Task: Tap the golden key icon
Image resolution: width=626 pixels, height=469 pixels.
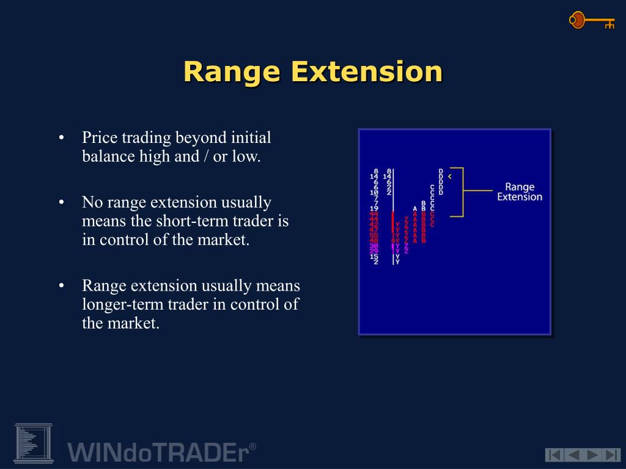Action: tap(591, 21)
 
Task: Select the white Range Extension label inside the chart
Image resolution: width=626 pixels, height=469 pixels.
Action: tap(519, 192)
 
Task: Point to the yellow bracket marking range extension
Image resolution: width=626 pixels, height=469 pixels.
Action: tap(462, 192)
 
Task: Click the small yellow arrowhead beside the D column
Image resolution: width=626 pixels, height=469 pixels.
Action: tap(450, 176)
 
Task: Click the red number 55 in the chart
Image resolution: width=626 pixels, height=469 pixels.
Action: tap(374, 235)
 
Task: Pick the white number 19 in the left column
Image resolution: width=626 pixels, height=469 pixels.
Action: tap(374, 208)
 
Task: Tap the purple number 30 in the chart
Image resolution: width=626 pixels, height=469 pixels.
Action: tap(374, 245)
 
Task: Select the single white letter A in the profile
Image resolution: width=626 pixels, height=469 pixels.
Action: tap(415, 208)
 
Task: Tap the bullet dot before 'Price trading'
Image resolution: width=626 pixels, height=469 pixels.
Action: tap(61, 138)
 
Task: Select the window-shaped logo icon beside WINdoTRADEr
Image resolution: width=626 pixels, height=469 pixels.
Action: tap(34, 443)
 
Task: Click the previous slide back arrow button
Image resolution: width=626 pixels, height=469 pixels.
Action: tap(573, 454)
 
